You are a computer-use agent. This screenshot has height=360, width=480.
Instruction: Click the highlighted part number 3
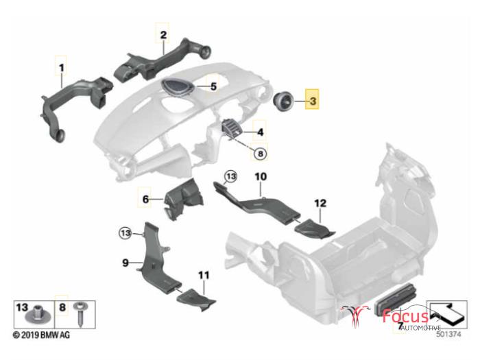click(x=313, y=100)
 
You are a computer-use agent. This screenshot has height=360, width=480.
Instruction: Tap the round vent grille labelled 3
click(x=283, y=101)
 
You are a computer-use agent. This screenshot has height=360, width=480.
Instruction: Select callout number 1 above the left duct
click(x=61, y=67)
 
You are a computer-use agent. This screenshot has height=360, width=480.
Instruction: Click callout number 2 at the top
click(x=163, y=34)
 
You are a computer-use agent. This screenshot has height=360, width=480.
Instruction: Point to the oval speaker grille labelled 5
click(x=178, y=86)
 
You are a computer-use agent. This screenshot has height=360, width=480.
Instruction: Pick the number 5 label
click(x=213, y=86)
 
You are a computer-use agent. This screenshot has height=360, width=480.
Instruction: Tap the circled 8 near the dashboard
click(x=260, y=154)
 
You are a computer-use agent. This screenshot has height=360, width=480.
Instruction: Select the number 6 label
click(x=145, y=200)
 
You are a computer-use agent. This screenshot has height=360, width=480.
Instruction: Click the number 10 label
click(x=261, y=177)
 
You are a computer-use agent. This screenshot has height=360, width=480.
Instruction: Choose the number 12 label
click(x=320, y=203)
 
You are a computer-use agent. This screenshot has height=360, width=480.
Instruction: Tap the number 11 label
click(x=204, y=275)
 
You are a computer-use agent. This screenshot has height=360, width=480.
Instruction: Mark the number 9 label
click(x=125, y=263)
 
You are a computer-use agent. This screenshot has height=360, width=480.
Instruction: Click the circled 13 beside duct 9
click(x=125, y=233)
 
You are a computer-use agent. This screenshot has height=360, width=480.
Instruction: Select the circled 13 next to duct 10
click(x=231, y=177)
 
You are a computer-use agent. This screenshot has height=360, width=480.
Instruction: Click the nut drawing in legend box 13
click(x=37, y=315)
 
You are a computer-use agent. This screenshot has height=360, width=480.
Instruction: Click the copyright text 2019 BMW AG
click(x=41, y=335)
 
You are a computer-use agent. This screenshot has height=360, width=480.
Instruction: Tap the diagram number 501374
click(x=448, y=335)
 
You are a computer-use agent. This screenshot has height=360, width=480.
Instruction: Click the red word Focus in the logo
click(x=406, y=315)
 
